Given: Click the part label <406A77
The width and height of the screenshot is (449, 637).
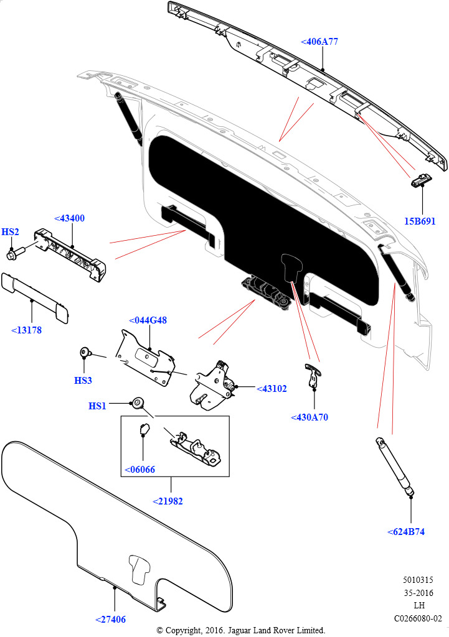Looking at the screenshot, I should click(x=319, y=42).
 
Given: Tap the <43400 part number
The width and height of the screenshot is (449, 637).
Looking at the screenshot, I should click(x=69, y=218).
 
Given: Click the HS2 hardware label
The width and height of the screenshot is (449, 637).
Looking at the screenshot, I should click(x=10, y=232).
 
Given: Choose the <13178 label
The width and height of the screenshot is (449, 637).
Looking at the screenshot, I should click(x=26, y=330).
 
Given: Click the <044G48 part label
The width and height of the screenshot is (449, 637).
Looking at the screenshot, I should click(x=148, y=320).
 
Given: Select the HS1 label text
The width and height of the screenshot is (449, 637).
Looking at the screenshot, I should click(x=97, y=406).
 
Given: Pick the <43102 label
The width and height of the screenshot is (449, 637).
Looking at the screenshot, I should click(x=272, y=389).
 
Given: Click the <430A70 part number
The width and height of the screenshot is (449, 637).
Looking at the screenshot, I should click(x=309, y=417).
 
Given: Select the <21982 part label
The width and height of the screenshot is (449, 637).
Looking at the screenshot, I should click(x=168, y=501).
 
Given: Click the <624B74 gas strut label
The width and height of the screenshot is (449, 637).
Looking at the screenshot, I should click(x=405, y=532).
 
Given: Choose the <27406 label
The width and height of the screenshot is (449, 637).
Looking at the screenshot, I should click(x=110, y=619).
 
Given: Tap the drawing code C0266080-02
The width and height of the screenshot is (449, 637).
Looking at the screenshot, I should click(x=417, y=618).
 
